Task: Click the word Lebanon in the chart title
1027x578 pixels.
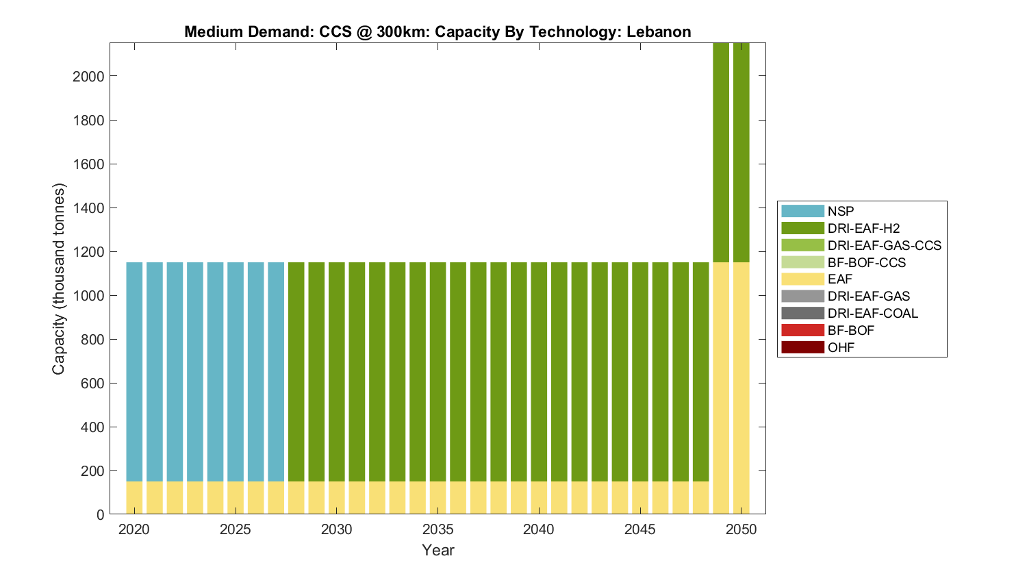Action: pos(659,32)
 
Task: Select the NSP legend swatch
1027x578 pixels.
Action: pos(802,211)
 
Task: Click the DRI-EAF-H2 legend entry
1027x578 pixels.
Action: pos(863,228)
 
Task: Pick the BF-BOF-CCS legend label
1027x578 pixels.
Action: pos(866,262)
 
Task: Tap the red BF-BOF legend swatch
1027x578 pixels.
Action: pos(802,330)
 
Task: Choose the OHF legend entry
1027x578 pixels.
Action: pos(841,347)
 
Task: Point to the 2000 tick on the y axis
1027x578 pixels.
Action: pos(88,76)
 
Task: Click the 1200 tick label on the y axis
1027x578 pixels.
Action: pos(88,252)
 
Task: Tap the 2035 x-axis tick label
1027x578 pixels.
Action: pos(438,529)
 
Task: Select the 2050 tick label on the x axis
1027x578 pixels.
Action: pos(741,529)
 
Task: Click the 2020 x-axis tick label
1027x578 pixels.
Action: pos(134,529)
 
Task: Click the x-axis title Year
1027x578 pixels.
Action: pos(438,550)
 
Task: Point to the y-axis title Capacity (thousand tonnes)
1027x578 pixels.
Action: pos(59,279)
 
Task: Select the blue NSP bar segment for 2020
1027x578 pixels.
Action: pos(134,370)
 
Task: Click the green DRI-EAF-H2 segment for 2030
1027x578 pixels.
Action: pos(337,370)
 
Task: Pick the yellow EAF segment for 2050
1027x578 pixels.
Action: pos(741,387)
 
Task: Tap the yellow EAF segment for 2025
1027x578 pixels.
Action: pos(236,498)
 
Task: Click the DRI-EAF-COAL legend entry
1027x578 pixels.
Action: pos(872,313)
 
